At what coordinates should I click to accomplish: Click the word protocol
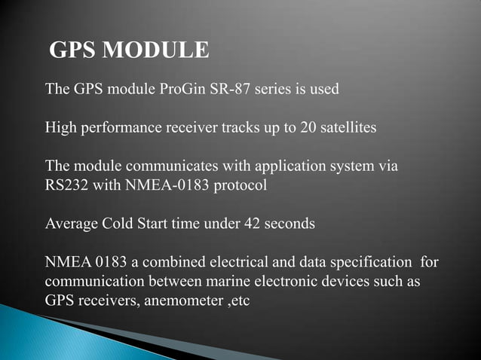click(241, 185)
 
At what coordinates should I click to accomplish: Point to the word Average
click(72, 224)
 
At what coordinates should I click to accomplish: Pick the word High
click(60, 127)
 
